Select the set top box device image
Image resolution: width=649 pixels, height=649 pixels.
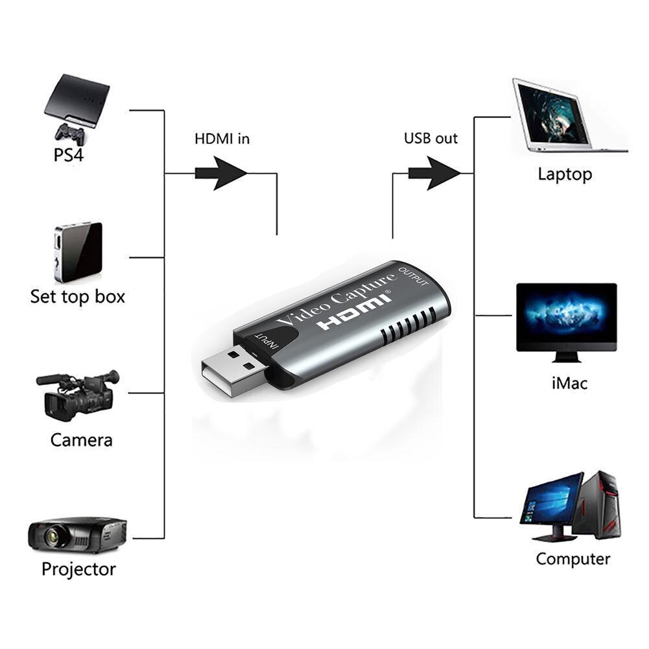(78, 252)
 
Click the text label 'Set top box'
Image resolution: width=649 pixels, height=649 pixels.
(78, 297)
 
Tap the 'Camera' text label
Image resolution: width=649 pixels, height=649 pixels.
(82, 440)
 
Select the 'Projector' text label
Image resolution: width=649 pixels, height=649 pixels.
(78, 569)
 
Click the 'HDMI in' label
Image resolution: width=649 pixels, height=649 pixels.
(222, 139)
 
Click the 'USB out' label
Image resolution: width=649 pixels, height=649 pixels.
(431, 139)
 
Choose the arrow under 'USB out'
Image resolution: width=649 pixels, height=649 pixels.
(434, 173)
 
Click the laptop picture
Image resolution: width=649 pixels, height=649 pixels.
(564, 117)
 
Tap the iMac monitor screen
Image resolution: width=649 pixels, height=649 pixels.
(566, 316)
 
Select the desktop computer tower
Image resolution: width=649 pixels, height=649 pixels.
(600, 504)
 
